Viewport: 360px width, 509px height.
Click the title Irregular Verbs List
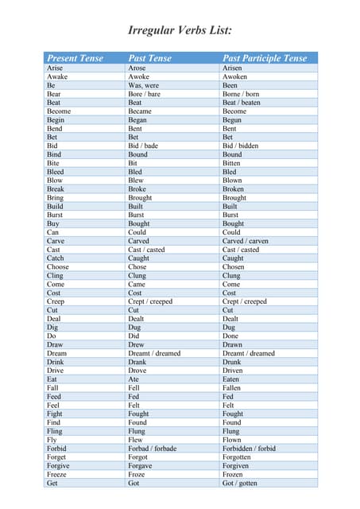(x=180, y=31)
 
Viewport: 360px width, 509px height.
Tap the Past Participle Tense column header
(x=264, y=58)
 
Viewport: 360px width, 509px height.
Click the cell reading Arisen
(x=232, y=68)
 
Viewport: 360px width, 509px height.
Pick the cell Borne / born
(x=241, y=94)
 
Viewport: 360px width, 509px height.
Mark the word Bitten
(x=231, y=163)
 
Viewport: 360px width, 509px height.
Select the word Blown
(x=232, y=181)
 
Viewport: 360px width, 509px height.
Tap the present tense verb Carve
(x=56, y=241)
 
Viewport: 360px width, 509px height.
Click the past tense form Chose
(x=137, y=267)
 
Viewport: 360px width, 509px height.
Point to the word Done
(x=230, y=336)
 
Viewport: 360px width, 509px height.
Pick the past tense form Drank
(x=138, y=362)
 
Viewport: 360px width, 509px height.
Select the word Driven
(x=233, y=371)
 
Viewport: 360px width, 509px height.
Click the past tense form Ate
(x=134, y=379)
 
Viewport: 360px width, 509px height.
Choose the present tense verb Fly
(x=52, y=439)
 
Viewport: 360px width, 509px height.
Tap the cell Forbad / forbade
(x=153, y=448)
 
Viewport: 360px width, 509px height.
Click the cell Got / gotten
(x=240, y=483)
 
